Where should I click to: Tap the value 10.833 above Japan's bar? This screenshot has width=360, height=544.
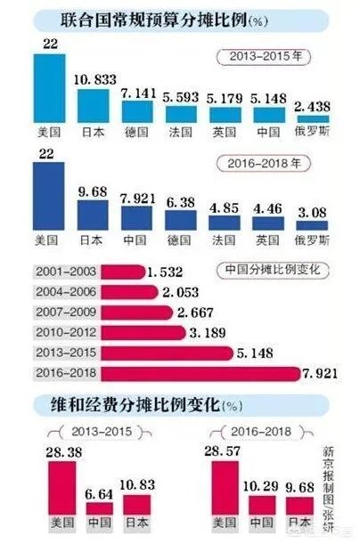(97, 79)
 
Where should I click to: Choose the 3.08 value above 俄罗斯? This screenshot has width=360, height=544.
(309, 211)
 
